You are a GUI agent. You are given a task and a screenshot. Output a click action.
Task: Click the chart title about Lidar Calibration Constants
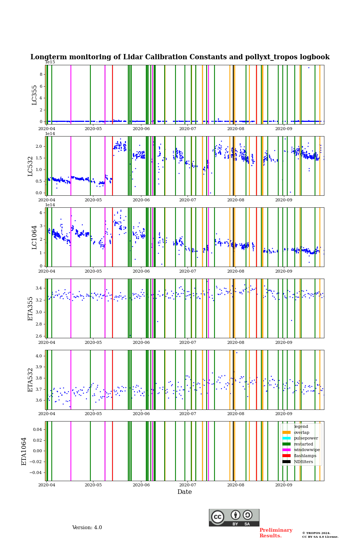coord(180,57)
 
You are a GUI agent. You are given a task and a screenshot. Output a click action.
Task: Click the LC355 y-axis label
coord(34,94)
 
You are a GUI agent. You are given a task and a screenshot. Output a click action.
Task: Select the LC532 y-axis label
coord(30,166)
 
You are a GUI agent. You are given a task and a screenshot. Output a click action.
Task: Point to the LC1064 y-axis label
coord(34,237)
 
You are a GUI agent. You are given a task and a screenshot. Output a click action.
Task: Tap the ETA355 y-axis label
coord(30,308)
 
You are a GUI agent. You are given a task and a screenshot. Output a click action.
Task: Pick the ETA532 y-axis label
coord(30,379)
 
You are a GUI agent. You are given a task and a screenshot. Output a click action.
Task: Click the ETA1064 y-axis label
coord(24,451)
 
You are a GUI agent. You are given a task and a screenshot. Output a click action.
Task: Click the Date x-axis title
coord(184,492)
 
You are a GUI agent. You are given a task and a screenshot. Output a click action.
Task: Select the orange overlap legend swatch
coord(286,432)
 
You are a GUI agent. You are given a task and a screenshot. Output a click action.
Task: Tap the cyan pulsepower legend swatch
coord(286,438)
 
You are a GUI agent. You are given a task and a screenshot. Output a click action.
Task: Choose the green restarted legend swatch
coord(286,444)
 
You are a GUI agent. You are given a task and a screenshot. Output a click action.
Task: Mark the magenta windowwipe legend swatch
coord(286,450)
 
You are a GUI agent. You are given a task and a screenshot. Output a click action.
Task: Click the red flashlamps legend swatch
coord(286,456)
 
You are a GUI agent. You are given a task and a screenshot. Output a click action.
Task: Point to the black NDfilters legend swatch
coord(286,462)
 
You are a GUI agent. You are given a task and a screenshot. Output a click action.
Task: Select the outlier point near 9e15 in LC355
coord(309,67)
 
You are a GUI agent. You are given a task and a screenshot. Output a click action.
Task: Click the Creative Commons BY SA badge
coord(234,517)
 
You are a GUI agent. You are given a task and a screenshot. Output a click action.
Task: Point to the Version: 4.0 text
coord(87,528)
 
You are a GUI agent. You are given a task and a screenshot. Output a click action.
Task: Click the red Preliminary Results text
coord(276,533)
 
